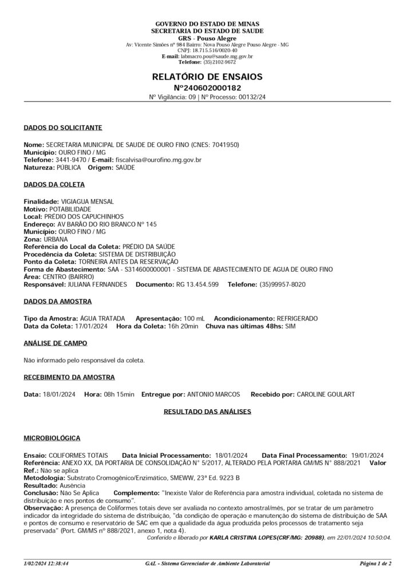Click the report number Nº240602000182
click(207, 88)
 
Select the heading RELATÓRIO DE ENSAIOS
click(207, 77)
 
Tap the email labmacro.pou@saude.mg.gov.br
click(217, 57)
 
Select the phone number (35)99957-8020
click(282, 284)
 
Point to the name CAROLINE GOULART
click(326, 394)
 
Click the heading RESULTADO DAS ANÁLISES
click(207, 411)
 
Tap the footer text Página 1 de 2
click(376, 564)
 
